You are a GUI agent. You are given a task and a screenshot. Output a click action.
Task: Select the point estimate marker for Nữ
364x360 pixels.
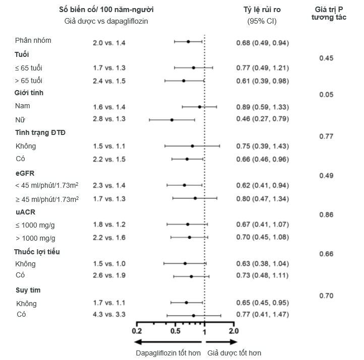pyautogui.click(x=172, y=120)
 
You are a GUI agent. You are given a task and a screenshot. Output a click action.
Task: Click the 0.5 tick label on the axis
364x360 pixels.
pyautogui.click(x=175, y=331)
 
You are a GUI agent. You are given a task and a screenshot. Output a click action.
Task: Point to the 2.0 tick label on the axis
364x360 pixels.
pyautogui.click(x=233, y=331)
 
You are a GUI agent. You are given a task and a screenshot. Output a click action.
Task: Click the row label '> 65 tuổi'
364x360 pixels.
pyautogui.click(x=29, y=81)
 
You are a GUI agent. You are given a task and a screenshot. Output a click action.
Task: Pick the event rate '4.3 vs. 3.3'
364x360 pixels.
pyautogui.click(x=109, y=315)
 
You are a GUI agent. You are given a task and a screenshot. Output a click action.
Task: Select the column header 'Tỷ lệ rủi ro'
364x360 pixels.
pyautogui.click(x=262, y=10)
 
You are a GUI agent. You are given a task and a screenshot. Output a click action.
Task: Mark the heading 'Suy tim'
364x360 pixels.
pyautogui.click(x=28, y=291)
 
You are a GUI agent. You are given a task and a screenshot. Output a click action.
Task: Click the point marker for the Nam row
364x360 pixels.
pyautogui.click(x=200, y=107)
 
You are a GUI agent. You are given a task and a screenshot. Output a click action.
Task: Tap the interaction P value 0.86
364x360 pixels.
pyautogui.click(x=326, y=214)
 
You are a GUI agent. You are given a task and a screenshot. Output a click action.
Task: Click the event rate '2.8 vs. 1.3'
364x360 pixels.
pyautogui.click(x=109, y=119)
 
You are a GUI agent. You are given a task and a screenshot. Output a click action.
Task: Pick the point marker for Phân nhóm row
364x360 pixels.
pyautogui.click(x=188, y=42)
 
